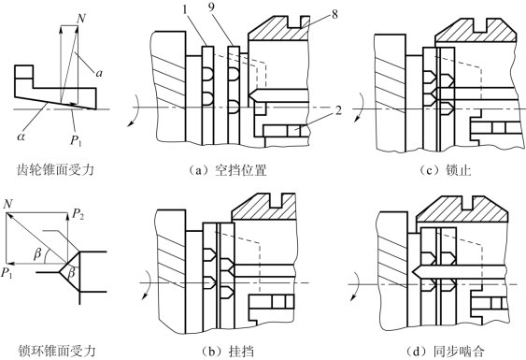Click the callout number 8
pos(334,14)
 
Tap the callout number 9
pos(211,7)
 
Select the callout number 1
pos(185,9)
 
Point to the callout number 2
pos(338,110)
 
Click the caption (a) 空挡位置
pos(227,170)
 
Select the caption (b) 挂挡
pos(227,351)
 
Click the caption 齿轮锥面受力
pos(55,170)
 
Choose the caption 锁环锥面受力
pos(57,351)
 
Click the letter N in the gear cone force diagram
pos(81,19)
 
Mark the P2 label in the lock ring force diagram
pos(78,214)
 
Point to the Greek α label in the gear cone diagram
pos(21,137)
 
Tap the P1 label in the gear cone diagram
pos(77,140)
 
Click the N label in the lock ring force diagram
pos(7,204)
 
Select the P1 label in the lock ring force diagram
pos(7,273)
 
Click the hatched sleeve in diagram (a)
pos(278,29)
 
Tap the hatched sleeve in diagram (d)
pos(462,209)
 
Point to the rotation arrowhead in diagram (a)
pos(130,125)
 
